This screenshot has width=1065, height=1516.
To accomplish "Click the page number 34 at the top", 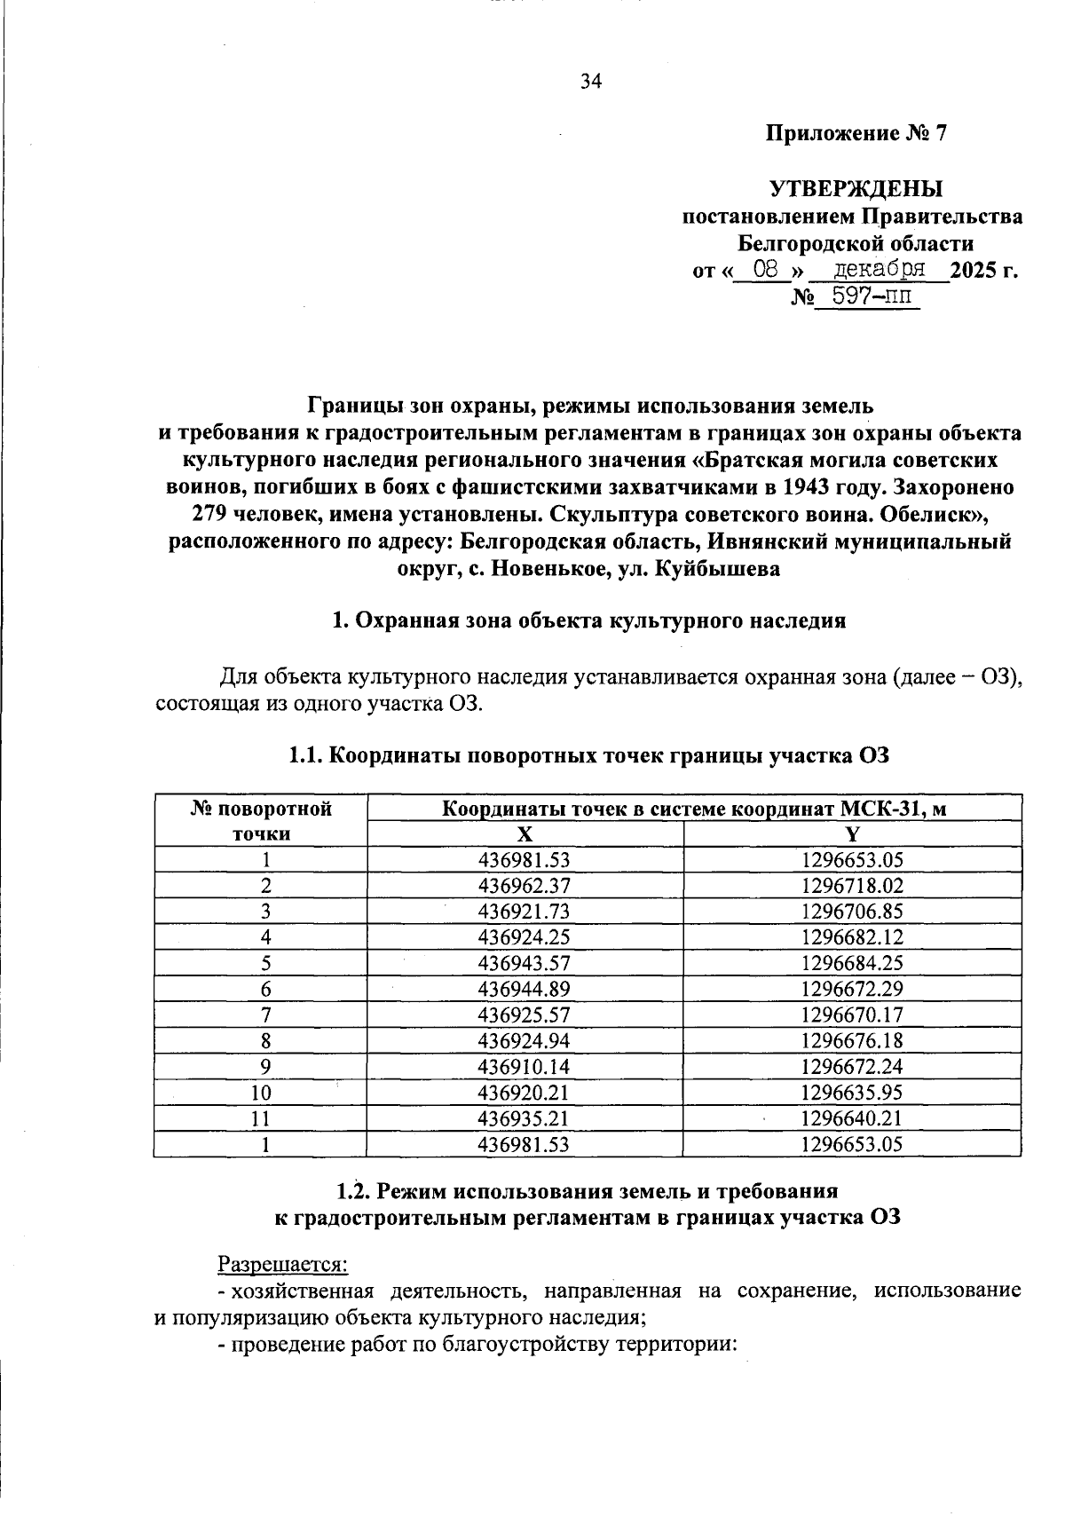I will [x=590, y=82].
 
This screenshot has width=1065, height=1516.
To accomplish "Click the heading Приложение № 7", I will [x=856, y=134].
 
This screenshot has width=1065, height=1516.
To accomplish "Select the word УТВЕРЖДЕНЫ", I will [x=856, y=189].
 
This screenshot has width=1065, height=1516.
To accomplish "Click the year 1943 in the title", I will [x=804, y=487].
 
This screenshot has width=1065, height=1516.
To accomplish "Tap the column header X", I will [x=525, y=833].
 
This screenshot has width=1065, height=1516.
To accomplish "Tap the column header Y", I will [x=852, y=833].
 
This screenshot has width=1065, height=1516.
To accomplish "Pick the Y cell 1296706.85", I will [x=851, y=912].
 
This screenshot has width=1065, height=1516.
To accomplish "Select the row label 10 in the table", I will [x=260, y=1093].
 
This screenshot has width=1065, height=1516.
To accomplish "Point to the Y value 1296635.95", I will [x=851, y=1093].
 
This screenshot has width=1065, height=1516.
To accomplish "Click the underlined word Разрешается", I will [x=282, y=1262].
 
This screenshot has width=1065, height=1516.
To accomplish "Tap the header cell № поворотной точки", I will [x=261, y=821].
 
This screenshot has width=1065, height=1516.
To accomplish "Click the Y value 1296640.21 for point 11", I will [x=851, y=1118].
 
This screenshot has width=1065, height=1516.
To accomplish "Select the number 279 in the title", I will [x=210, y=515].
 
